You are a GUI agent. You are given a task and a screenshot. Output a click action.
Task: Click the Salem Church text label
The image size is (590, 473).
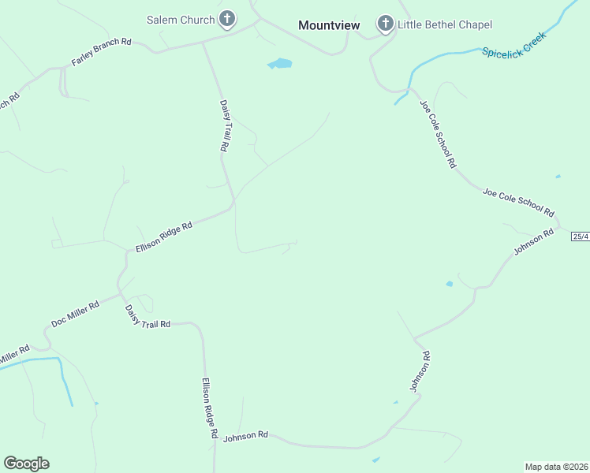pos(181,19)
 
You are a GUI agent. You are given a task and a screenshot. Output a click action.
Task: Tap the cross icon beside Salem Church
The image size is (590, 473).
pos(227,19)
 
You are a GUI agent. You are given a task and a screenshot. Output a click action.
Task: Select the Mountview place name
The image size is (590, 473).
pos(329,25)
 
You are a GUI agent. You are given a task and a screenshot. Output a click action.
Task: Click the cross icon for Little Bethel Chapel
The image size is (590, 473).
pos(385,24)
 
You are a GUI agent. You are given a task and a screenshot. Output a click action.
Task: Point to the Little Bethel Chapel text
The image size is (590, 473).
pos(445,24)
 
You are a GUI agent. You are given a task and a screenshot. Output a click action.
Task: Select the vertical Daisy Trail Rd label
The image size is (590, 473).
pos(223,125)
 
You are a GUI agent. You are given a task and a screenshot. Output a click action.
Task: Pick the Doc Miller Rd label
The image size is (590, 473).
pos(75,313)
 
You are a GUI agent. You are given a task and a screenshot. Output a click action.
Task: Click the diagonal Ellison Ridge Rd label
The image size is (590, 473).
pos(164,236)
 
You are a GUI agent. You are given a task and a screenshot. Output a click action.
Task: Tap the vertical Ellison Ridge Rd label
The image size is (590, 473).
pos(209,408)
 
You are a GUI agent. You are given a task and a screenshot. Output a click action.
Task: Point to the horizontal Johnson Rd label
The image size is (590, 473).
pos(246,435)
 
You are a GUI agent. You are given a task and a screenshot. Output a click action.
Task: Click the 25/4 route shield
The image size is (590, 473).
pos(581,236)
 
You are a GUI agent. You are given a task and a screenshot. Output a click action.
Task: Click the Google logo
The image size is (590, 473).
pos(26,464)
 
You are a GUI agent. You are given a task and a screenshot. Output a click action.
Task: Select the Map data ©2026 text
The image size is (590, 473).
pos(556,466)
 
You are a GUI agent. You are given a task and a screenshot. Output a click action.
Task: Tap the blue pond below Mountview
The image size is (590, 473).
pos(279,63)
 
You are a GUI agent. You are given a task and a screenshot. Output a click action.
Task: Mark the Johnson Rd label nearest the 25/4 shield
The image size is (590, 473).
pos(534,243)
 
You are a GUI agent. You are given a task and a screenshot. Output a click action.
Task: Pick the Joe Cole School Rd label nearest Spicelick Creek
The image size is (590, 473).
pos(438,134)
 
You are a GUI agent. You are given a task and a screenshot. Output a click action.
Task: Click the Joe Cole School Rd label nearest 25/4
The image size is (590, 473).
pos(518,202)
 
